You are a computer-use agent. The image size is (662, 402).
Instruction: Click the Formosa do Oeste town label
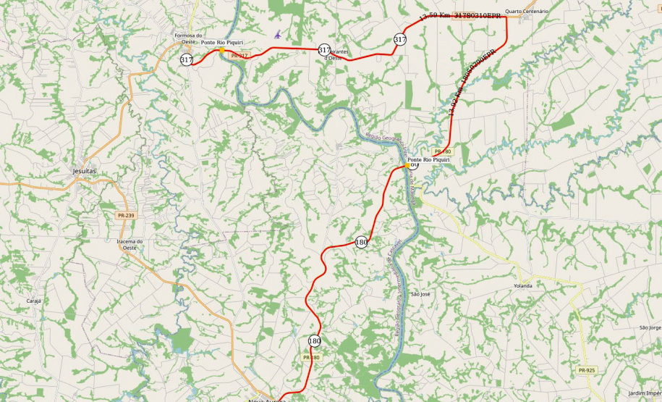[x=189, y=38]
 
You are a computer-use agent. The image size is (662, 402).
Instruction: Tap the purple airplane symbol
[x=278, y=34]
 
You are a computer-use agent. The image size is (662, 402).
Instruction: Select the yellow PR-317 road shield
[x=239, y=55]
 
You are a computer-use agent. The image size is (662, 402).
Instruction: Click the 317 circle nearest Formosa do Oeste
[x=187, y=59]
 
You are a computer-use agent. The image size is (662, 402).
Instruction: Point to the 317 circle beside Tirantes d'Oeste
[x=324, y=49]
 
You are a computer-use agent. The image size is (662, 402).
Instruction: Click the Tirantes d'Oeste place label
[x=338, y=55]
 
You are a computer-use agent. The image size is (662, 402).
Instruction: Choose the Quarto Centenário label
[x=527, y=12]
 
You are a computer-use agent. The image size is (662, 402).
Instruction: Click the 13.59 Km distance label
[x=436, y=15]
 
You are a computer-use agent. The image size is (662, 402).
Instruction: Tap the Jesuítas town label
[x=84, y=171]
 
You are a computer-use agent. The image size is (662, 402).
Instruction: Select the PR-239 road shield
[x=125, y=215]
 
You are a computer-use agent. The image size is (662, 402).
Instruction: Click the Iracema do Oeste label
[x=130, y=244]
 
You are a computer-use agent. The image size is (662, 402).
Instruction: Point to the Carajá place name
[x=34, y=301]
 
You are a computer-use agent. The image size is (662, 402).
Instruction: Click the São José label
[x=420, y=295]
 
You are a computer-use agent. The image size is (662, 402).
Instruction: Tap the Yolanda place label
[x=522, y=286]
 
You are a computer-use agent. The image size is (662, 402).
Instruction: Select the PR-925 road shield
[x=587, y=370]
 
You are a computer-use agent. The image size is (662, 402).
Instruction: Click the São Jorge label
[x=650, y=327]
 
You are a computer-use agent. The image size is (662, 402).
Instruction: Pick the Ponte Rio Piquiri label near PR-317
[x=222, y=43]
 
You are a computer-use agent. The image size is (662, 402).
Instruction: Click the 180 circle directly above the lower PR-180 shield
[x=314, y=340]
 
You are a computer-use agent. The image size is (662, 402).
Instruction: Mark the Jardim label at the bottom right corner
[x=644, y=393]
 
